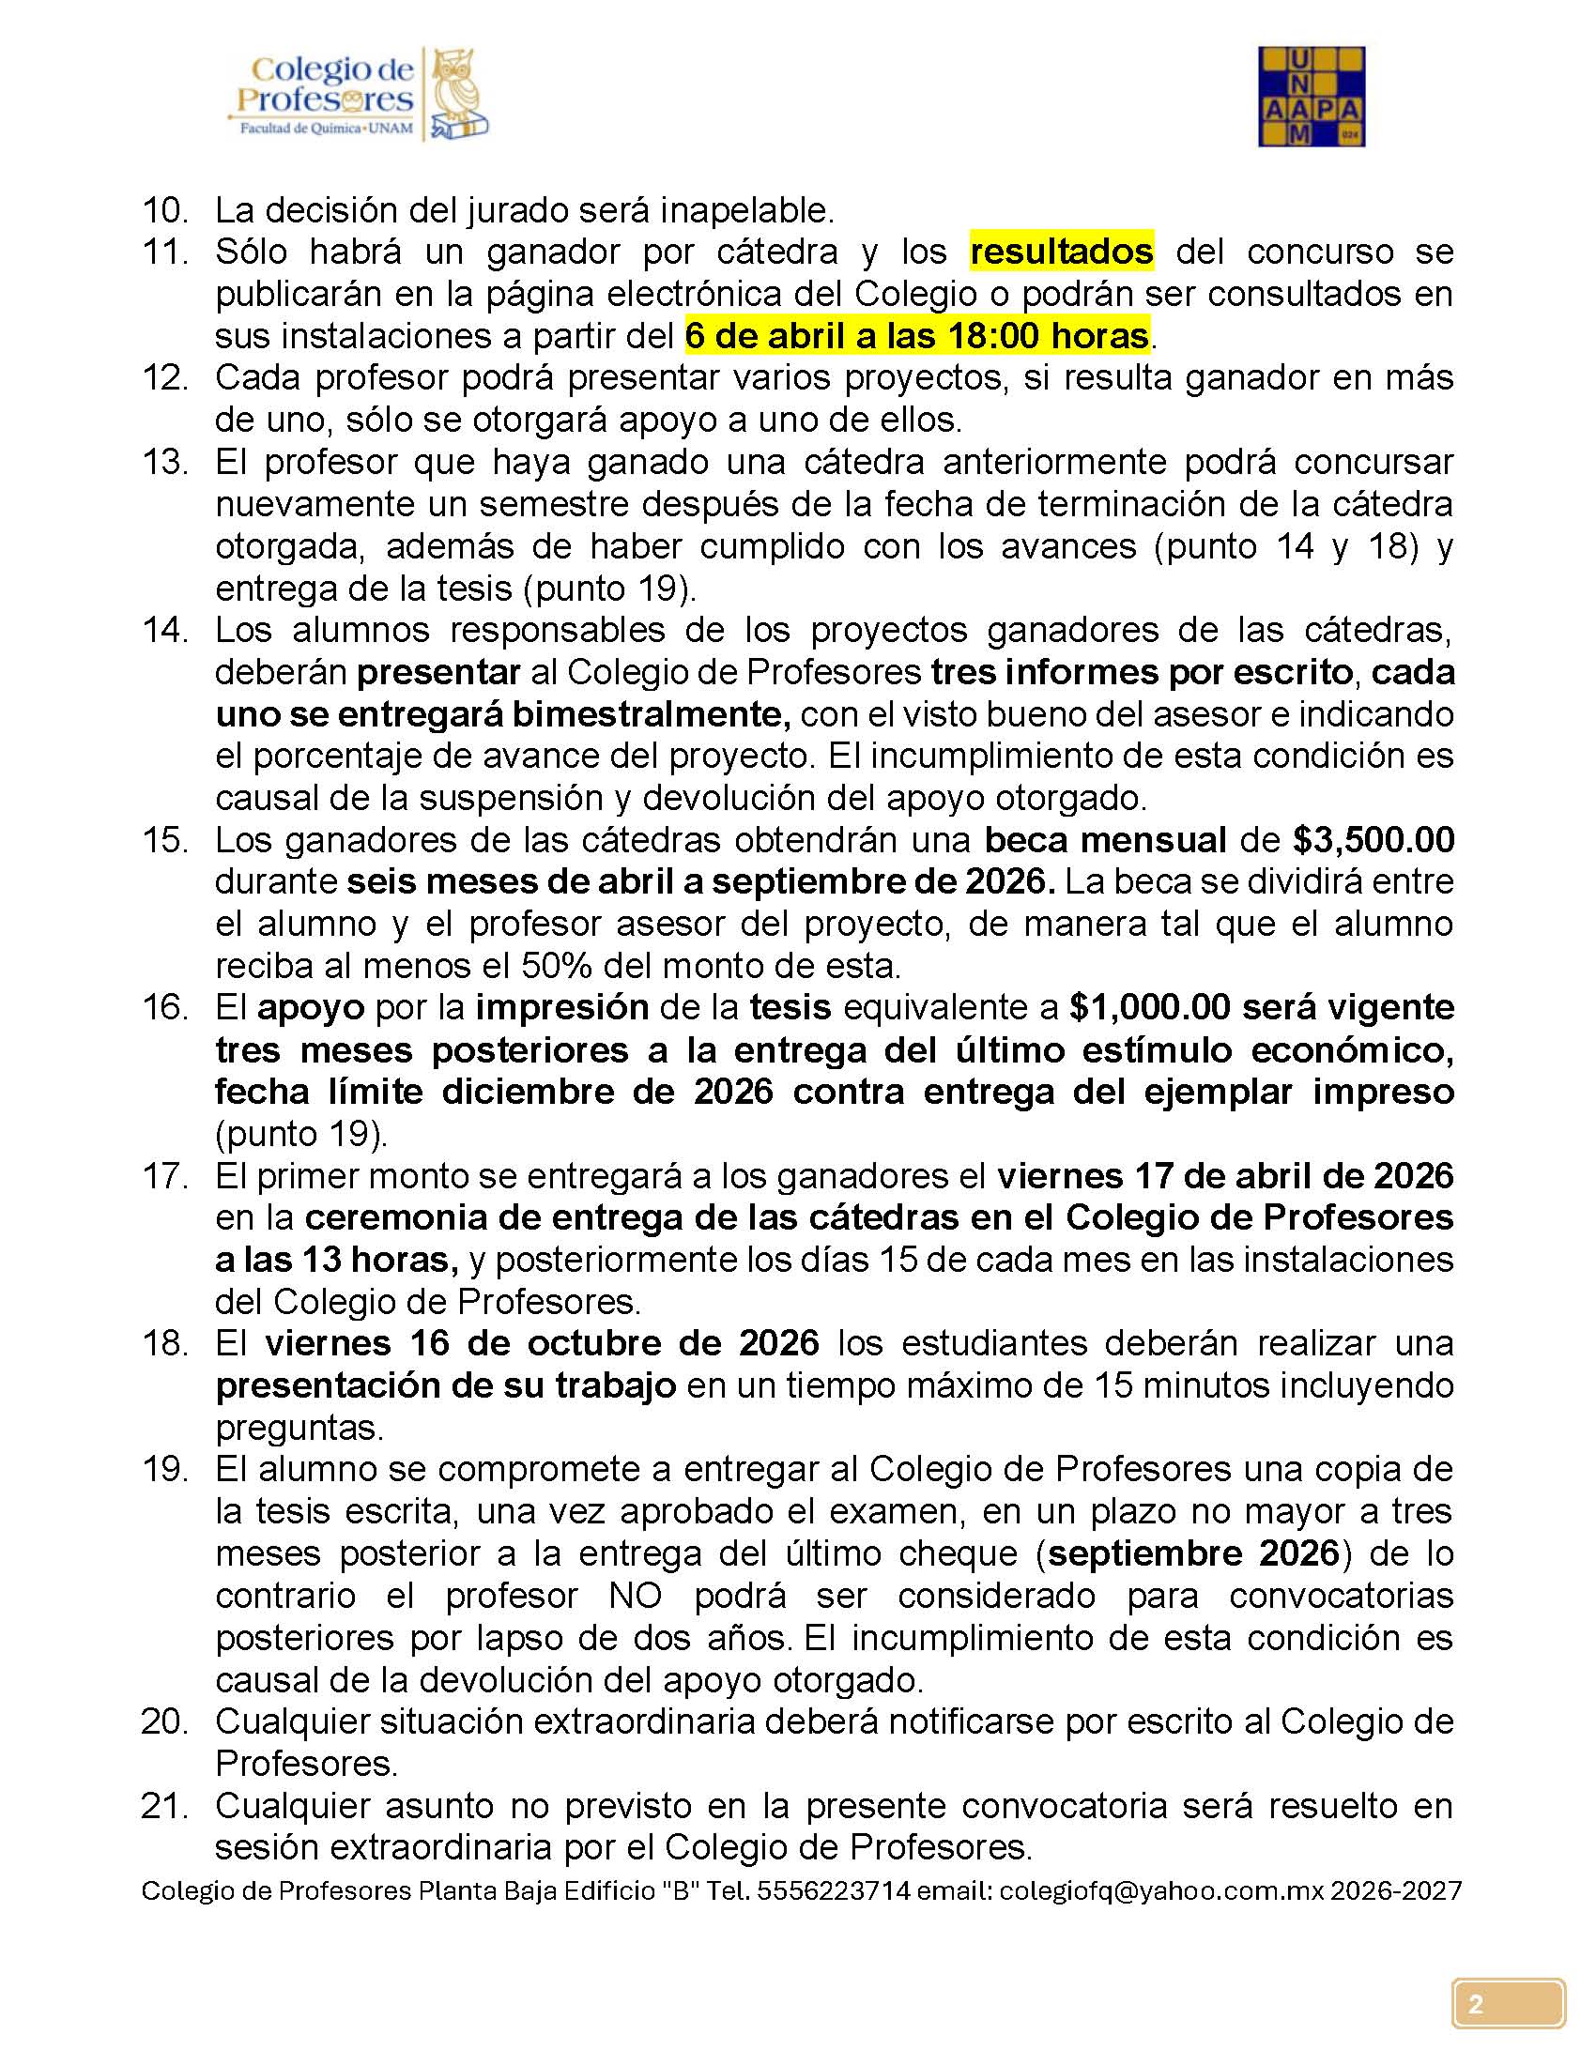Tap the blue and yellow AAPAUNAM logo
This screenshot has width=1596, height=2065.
1311,97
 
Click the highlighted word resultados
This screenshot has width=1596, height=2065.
1061,252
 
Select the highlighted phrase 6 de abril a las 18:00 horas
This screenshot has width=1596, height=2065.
916,336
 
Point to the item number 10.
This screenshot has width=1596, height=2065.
165,210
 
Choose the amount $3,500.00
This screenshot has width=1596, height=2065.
1373,840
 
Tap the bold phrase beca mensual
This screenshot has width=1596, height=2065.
1105,840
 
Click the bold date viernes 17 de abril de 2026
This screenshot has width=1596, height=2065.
1224,1175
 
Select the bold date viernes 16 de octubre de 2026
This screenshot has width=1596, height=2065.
542,1342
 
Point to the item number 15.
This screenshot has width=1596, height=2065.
165,840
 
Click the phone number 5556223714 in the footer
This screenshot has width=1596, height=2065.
833,1890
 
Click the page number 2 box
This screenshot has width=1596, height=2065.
1508,2004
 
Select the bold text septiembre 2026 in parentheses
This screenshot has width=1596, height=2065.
1193,1553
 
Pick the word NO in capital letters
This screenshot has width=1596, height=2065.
636,1595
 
